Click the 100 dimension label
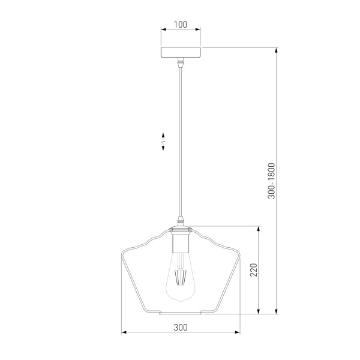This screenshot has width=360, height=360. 181,25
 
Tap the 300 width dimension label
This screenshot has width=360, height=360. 181,327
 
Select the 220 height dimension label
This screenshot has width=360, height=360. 254,270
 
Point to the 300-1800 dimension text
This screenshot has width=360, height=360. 271,181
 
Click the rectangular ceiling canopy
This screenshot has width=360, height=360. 181,52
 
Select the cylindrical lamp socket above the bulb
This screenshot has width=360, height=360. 181,242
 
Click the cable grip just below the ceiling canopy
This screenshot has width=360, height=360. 181,62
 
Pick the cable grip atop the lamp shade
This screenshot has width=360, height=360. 181,221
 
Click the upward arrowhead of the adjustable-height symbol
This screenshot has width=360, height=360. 163,135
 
